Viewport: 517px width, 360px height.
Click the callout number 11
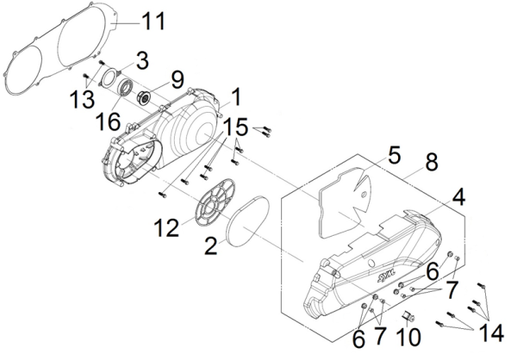point(152,18)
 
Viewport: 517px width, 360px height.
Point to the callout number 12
point(165,227)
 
